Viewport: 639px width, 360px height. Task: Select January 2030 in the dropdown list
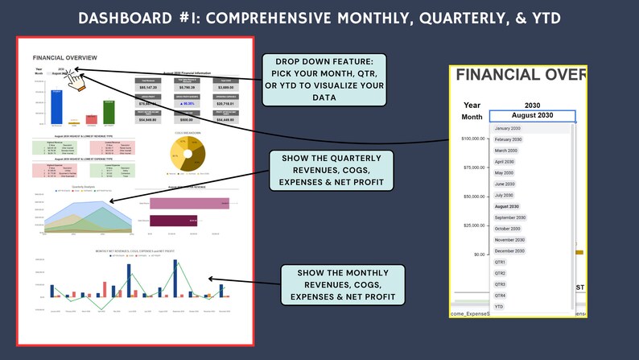coord(507,129)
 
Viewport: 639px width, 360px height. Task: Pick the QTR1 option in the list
coord(501,263)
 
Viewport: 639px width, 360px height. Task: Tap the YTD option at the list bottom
coord(499,307)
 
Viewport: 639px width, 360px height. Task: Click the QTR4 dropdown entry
coord(501,296)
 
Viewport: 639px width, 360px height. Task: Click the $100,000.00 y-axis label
coord(468,139)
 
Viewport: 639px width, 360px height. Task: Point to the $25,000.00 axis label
coord(468,225)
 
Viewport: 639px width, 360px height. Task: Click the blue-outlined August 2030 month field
coord(532,116)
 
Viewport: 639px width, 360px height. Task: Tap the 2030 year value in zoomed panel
coord(532,105)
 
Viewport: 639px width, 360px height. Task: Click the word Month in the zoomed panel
coord(472,117)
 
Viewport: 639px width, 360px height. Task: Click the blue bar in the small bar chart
coord(56,106)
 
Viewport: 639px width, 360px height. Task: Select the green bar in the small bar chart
coord(109,112)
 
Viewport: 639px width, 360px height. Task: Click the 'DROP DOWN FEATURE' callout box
coord(325,81)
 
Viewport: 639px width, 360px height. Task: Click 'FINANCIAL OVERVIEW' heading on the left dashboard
coord(64,58)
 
